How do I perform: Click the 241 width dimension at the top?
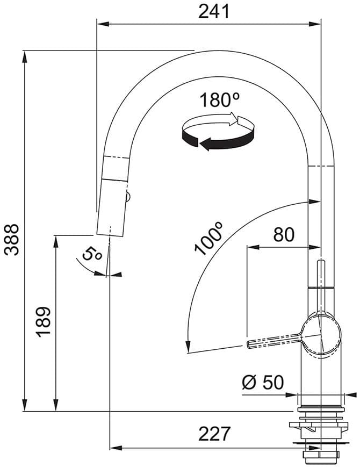tap(214, 11)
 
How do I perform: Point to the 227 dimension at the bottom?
tap(214, 434)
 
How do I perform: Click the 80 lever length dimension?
tap(284, 235)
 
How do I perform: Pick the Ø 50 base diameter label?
tap(262, 382)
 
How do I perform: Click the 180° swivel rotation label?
tap(219, 100)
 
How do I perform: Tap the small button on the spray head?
tap(128, 198)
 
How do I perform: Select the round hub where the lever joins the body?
tap(321, 336)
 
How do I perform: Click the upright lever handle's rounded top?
tap(321, 263)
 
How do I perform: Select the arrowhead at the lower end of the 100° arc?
tap(188, 347)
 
